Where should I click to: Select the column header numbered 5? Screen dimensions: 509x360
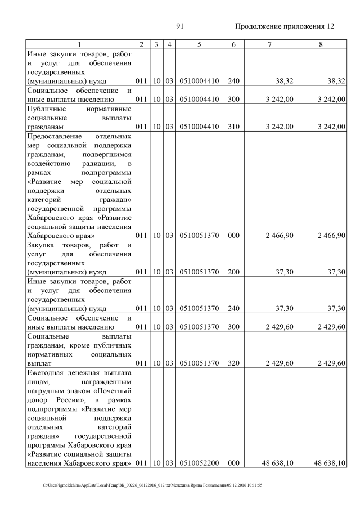tap(199, 44)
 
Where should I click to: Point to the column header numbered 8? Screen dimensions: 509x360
tap(321, 44)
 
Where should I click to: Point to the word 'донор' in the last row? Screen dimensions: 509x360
tap(39, 399)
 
